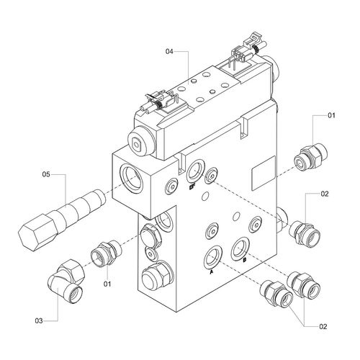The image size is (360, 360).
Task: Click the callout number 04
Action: (169, 51)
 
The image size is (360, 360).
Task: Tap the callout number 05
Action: (46, 174)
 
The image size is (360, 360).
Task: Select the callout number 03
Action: (39, 320)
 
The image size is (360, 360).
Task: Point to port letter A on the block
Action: (212, 272)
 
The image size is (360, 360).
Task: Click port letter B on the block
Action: (245, 259)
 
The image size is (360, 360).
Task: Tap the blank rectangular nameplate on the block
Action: (264, 173)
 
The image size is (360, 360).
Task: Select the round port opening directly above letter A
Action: (212, 256)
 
